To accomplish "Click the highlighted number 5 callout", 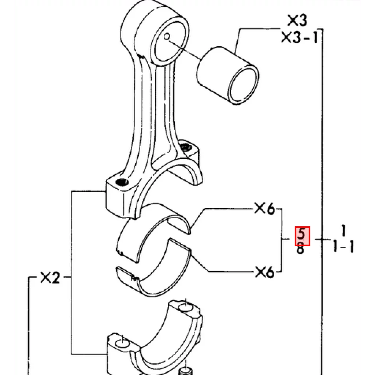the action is (302, 236).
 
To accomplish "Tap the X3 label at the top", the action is (297, 21).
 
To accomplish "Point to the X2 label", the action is (50, 278).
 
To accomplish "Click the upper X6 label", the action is (264, 208).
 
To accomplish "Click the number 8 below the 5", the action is (300, 248).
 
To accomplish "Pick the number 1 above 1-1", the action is (344, 231).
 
